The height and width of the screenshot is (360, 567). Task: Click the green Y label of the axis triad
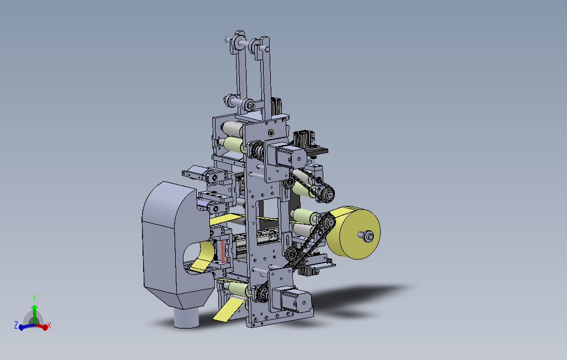[x=34, y=298]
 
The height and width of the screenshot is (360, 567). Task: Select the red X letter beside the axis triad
[x=49, y=325]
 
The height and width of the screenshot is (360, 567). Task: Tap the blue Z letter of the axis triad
[x=16, y=325]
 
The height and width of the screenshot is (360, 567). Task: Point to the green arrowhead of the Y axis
[x=34, y=307]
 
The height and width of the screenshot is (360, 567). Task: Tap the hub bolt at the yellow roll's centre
[x=368, y=236]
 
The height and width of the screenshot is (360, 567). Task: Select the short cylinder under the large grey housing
[x=187, y=317]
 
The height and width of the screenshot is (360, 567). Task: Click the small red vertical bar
[x=223, y=251]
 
